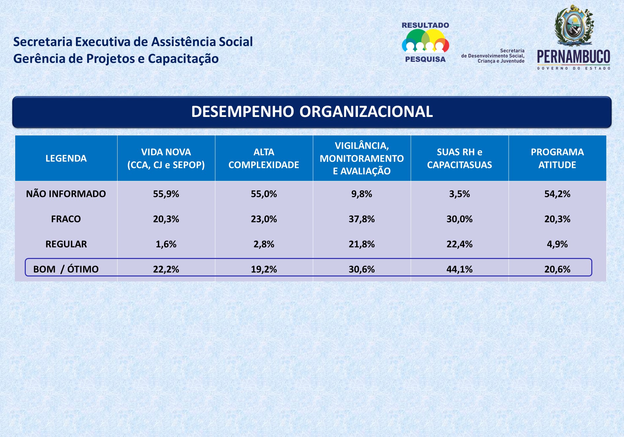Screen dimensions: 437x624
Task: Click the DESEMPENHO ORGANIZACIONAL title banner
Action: (x=312, y=112)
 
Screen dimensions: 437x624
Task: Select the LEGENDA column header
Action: (x=66, y=158)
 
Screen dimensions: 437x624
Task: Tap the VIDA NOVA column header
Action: (x=166, y=158)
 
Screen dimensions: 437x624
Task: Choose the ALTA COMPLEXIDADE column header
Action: (x=264, y=158)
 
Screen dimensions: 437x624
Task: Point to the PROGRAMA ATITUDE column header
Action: (x=557, y=158)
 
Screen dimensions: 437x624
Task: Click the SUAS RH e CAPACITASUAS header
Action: (x=460, y=158)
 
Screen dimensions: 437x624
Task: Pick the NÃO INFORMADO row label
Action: (x=66, y=194)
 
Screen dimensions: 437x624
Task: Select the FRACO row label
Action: (x=66, y=219)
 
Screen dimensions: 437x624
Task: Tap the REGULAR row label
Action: (x=66, y=244)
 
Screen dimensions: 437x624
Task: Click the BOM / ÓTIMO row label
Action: (x=66, y=269)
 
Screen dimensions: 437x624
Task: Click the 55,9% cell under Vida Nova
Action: (x=166, y=194)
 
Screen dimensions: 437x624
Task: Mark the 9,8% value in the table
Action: (x=362, y=194)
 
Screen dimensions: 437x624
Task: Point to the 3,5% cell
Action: (x=460, y=194)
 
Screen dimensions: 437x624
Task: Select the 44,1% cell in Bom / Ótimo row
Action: (x=460, y=269)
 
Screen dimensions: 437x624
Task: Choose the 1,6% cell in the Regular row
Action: (x=166, y=244)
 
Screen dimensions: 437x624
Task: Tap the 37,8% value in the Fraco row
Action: (x=362, y=219)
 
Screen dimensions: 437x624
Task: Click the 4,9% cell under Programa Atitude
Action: (x=557, y=244)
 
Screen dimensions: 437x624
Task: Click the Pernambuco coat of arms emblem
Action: (x=574, y=25)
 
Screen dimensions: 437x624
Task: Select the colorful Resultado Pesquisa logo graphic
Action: (x=425, y=41)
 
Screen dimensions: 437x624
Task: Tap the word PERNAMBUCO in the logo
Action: (x=573, y=57)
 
